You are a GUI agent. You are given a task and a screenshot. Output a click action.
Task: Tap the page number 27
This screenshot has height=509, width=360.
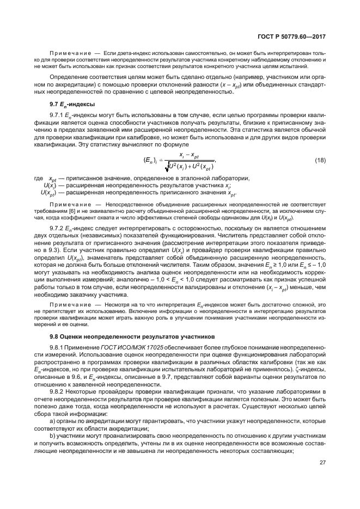click(x=322, y=463)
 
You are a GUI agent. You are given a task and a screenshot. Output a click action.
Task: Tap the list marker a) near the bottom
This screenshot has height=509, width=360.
click(x=52, y=422)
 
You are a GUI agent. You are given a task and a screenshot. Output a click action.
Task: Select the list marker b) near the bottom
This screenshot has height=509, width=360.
click(x=52, y=437)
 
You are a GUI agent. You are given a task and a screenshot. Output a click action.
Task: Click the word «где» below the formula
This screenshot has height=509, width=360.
click(x=38, y=179)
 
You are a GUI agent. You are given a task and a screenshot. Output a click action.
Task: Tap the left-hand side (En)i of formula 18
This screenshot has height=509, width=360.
click(x=149, y=160)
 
